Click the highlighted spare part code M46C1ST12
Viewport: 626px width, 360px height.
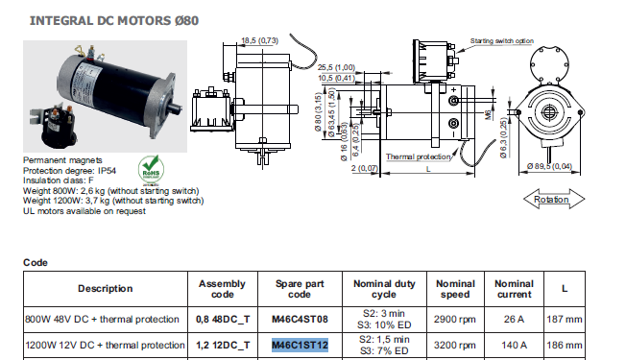point(300,345)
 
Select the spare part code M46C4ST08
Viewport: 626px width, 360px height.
point(300,320)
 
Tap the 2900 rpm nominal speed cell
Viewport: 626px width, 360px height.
point(455,320)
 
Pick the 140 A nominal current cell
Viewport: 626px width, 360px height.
point(514,345)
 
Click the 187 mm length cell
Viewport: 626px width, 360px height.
point(565,320)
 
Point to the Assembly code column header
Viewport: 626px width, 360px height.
point(223,289)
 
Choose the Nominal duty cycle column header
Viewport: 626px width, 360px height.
point(384,289)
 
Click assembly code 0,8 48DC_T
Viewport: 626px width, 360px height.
point(223,320)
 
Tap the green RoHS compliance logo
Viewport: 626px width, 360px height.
point(151,169)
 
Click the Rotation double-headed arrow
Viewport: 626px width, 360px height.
point(554,199)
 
